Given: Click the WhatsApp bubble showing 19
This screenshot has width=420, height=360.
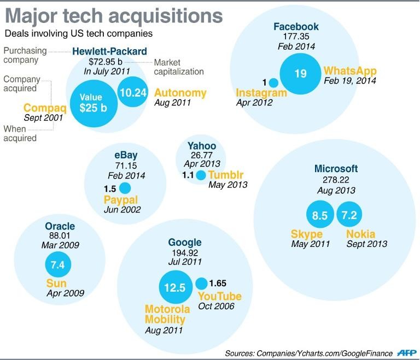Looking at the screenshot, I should coord(300,74).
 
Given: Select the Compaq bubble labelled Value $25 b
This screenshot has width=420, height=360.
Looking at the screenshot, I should coord(93,102).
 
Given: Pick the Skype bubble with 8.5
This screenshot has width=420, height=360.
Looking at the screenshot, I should coord(319,216).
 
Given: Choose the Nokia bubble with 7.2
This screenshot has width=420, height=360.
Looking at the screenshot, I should coord(349,216).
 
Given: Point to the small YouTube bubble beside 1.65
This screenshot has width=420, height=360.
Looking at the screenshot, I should coord(201,284).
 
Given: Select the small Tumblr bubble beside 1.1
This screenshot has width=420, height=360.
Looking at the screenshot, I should coord(201,175).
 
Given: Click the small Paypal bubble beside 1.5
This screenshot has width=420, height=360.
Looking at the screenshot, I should coord(125,188).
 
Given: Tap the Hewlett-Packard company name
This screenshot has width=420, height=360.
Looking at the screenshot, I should coord(109,51).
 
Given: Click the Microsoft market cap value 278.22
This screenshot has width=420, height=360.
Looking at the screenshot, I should coord(336,180).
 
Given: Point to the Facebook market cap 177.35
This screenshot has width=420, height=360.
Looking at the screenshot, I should coord(296,37).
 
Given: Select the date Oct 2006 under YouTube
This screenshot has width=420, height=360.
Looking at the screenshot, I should coord(216,306).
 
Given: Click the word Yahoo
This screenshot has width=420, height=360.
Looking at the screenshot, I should coord(202,146).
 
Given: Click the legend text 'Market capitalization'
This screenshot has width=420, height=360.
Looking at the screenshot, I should coord(179,67).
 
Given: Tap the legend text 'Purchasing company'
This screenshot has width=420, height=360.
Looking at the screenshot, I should coord(25,55).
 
